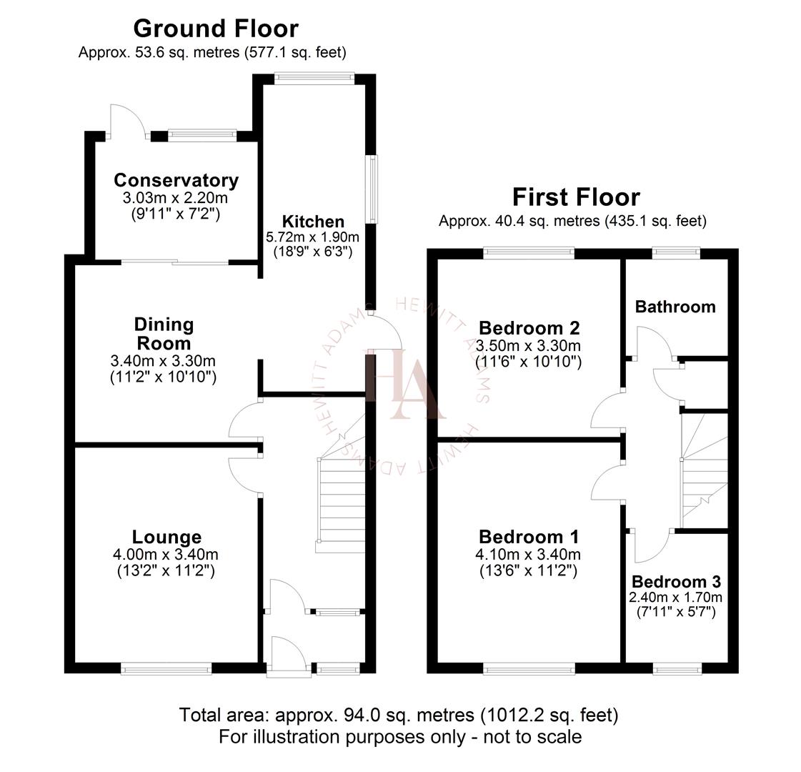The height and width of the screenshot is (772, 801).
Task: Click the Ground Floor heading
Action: coord(216,29)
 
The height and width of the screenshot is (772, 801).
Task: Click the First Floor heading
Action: coord(575,197)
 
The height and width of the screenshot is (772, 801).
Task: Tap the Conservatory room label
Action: coord(176,180)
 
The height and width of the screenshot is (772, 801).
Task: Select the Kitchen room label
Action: coord(313,222)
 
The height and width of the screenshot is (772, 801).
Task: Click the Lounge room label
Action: coord(166,537)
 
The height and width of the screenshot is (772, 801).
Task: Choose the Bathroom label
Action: coord(675,307)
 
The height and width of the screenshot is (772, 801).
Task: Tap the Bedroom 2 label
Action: coord(529,328)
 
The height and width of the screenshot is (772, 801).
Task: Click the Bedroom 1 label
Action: coord(529,537)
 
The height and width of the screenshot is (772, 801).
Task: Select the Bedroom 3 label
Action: coord(676,582)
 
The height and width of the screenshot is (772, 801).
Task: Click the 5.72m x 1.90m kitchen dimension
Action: coord(313,237)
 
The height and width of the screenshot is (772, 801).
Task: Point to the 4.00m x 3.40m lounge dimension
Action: coord(166,554)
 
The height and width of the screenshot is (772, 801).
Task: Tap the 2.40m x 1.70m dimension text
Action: coord(676,598)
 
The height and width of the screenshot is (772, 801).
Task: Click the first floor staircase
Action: coord(700,472)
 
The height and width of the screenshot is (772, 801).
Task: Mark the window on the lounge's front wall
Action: coord(166,669)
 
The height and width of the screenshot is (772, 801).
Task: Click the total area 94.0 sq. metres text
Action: coord(399,715)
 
